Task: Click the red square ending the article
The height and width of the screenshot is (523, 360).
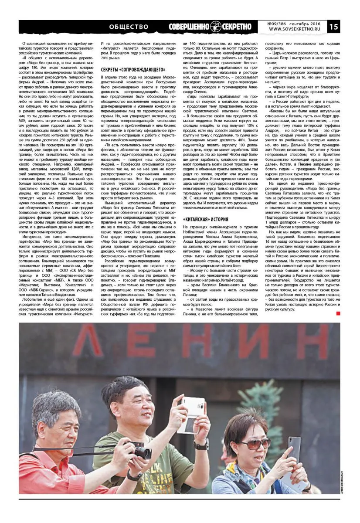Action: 338,313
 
